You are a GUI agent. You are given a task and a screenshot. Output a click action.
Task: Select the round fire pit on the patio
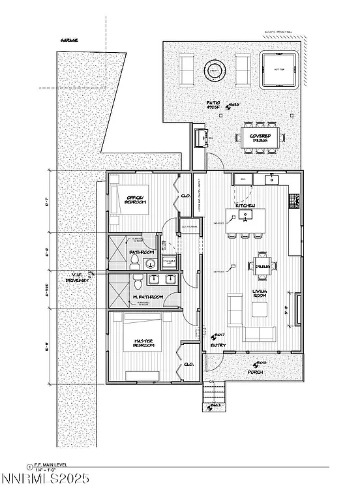click(214, 70)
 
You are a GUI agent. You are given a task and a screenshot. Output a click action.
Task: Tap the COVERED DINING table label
click(260, 138)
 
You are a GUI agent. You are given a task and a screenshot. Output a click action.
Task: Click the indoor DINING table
click(263, 266)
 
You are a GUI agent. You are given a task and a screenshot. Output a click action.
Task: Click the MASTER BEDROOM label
click(143, 343)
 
